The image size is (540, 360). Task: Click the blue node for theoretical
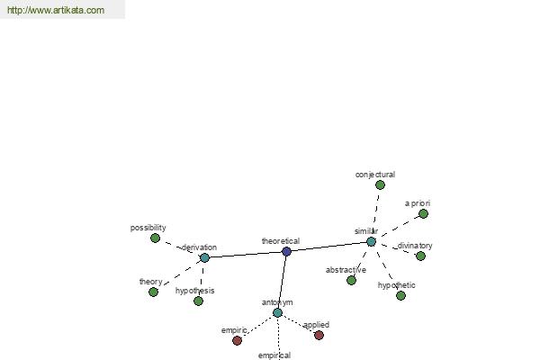click(x=286, y=251)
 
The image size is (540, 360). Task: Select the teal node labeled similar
click(x=371, y=242)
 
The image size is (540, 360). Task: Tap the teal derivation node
click(x=204, y=257)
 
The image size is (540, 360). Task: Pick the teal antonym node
click(x=277, y=313)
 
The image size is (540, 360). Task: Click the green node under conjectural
click(x=380, y=185)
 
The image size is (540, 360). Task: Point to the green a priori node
click(x=423, y=214)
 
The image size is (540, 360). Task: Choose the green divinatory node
click(x=420, y=256)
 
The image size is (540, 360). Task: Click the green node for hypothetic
click(x=400, y=295)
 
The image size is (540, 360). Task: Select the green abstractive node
click(x=351, y=281)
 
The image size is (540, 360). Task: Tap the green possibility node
click(x=156, y=238)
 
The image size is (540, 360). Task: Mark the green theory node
click(x=153, y=292)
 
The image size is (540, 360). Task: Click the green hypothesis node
click(x=198, y=301)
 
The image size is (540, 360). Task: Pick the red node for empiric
click(x=237, y=341)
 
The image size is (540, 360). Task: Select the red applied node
click(x=319, y=335)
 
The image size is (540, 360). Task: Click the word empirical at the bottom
click(x=274, y=355)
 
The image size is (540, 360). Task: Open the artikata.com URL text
click(x=56, y=10)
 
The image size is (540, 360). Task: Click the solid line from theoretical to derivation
click(x=246, y=255)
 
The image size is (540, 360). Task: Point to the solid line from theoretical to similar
click(x=328, y=247)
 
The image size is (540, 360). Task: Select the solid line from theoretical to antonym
click(x=282, y=282)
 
